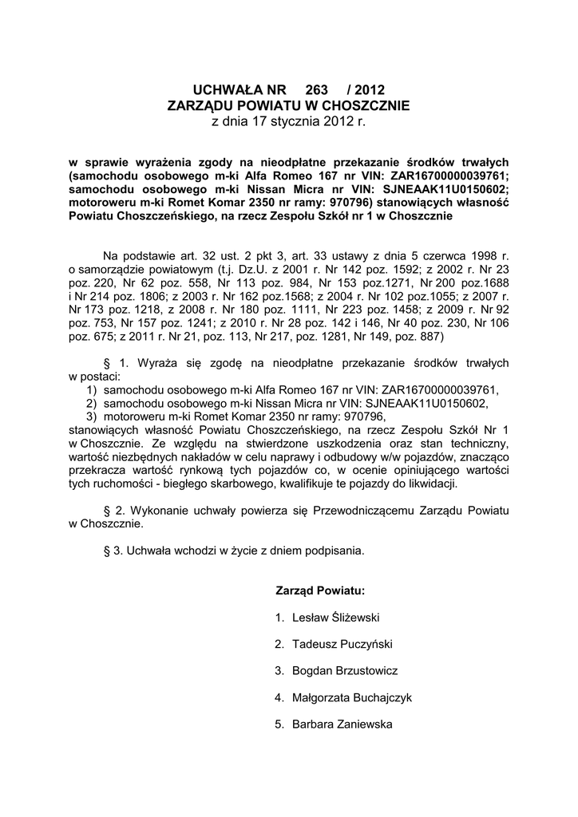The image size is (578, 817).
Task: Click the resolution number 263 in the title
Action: click(306, 89)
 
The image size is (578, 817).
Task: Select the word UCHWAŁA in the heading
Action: click(228, 89)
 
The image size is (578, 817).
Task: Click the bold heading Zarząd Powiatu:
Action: click(320, 590)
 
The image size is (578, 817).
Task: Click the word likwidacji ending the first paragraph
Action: click(430, 483)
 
